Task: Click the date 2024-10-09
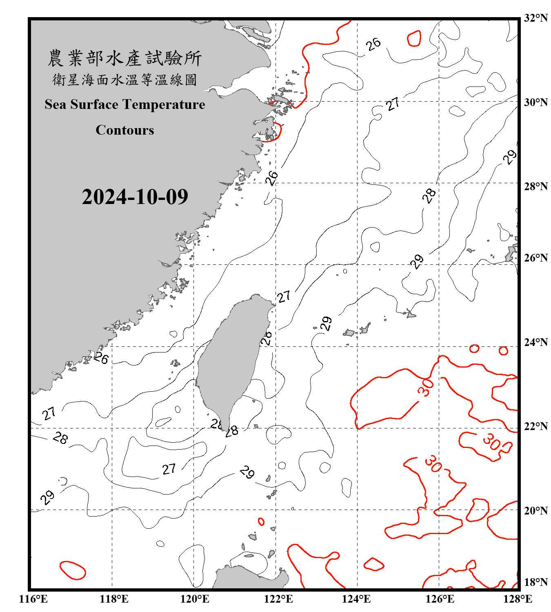pos(135,197)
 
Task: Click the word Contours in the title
pos(124,130)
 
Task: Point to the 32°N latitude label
pos(535,18)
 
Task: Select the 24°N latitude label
pos(535,342)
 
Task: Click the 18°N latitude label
pos(535,582)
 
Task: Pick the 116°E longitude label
pos(33,599)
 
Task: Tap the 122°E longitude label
pos(278,599)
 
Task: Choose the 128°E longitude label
pos(518,599)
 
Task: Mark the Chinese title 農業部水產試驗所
pos(124,58)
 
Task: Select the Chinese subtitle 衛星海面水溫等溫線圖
pos(124,80)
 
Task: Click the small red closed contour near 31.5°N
pos(414,38)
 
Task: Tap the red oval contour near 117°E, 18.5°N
pos(73,570)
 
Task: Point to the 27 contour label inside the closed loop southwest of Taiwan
pos(169,469)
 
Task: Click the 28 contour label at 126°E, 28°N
pos(429,196)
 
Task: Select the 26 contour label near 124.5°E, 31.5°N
pos(373,44)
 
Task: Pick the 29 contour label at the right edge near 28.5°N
pos(509,157)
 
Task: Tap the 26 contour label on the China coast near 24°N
pos(101,358)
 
